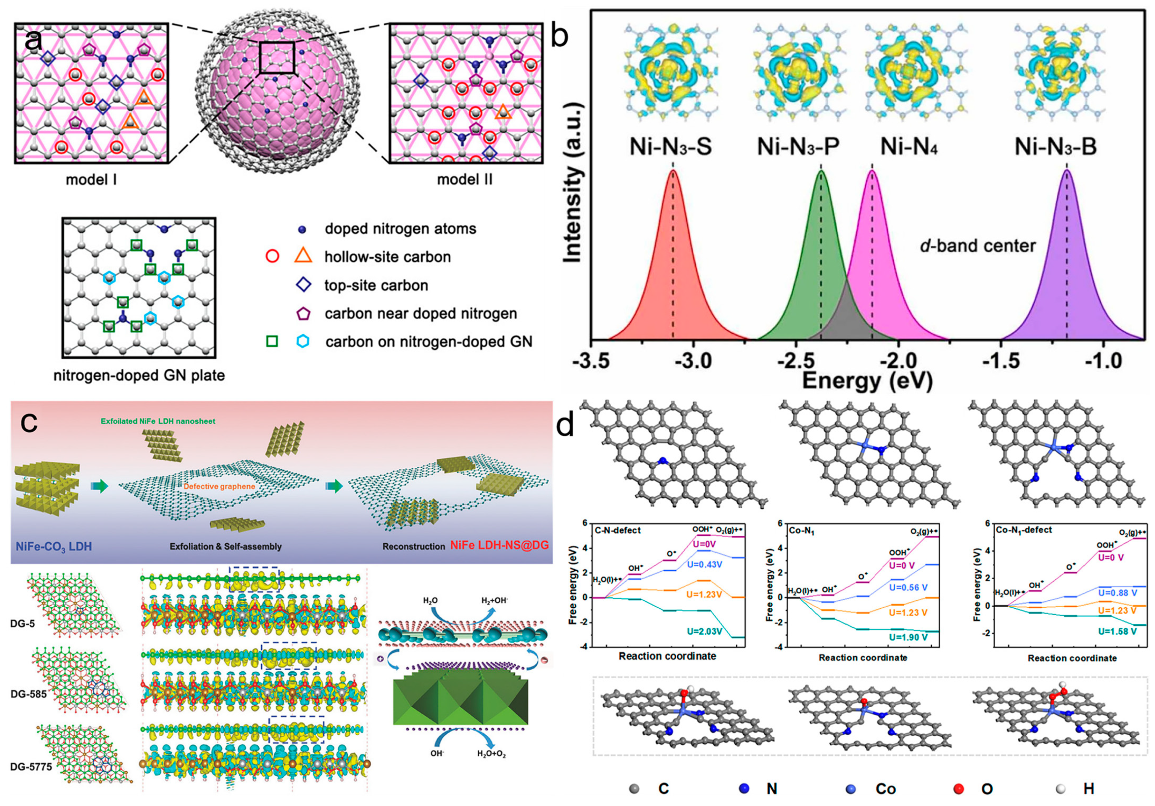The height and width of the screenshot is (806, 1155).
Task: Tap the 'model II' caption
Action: click(x=464, y=179)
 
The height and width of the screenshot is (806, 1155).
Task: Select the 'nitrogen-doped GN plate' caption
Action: click(x=139, y=375)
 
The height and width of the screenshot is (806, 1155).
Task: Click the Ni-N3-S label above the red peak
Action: click(x=671, y=147)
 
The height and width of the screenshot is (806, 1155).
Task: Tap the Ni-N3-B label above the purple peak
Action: click(x=1055, y=147)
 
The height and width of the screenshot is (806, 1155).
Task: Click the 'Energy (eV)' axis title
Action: click(x=867, y=381)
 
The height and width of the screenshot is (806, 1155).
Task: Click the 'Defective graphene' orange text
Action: click(x=219, y=486)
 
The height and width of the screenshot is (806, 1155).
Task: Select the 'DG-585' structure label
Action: click(x=29, y=694)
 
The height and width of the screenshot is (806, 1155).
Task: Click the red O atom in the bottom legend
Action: click(x=959, y=789)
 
